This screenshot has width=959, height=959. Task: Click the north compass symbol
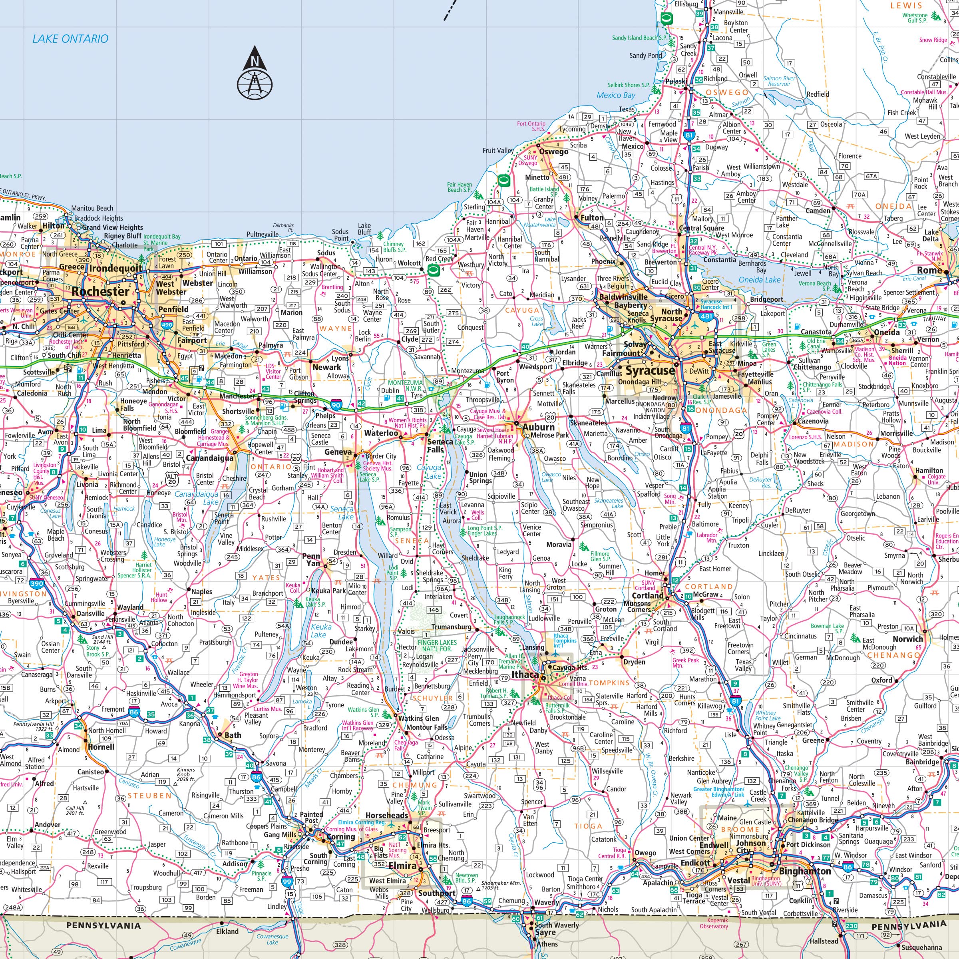[255, 72]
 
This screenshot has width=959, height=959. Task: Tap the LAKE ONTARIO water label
[70, 39]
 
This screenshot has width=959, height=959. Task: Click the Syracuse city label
[650, 371]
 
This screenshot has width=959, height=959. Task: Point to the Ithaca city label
[525, 674]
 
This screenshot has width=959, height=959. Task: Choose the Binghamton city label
[805, 871]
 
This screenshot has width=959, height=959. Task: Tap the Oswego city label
[553, 151]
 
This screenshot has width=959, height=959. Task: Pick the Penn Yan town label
[311, 560]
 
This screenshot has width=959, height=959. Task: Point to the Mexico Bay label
[615, 96]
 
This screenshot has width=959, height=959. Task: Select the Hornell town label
[101, 747]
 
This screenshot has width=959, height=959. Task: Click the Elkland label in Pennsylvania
[227, 931]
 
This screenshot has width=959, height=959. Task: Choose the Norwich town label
[908, 639]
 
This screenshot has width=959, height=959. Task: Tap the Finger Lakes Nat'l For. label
[437, 645]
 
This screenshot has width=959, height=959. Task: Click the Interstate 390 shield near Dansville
[37, 584]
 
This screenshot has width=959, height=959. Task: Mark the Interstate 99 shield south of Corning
[287, 882]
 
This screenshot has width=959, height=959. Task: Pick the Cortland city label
[647, 596]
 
